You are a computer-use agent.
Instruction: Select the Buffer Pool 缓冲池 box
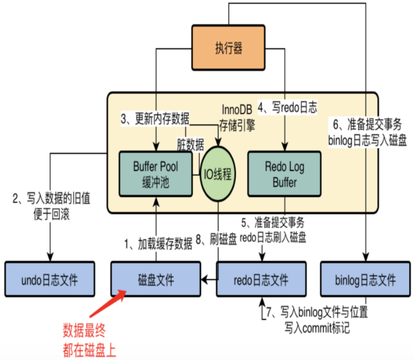pos(155,174)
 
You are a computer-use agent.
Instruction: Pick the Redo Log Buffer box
pos(285,174)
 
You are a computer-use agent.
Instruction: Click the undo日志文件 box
pos(50,280)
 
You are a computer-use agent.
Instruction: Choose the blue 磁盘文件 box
pos(155,280)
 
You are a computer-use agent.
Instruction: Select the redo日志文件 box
pos(261,280)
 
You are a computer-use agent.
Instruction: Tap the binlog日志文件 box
pos(366,280)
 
